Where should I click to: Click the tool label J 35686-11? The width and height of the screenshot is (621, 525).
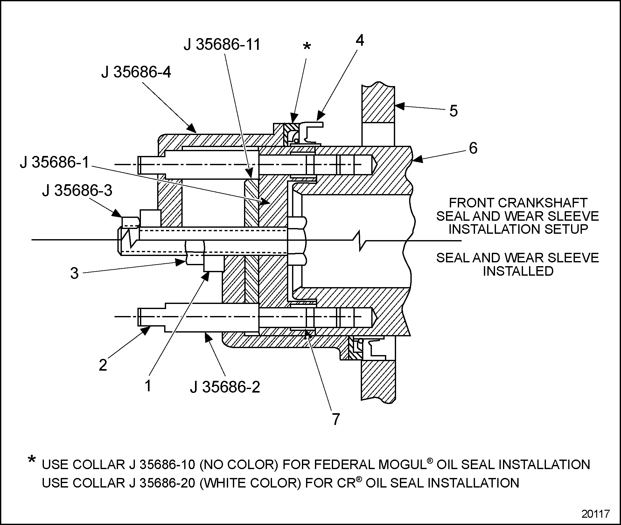pyautogui.click(x=222, y=44)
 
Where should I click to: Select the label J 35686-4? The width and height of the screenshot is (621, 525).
pyautogui.click(x=136, y=72)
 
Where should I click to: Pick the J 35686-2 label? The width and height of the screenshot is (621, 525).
pyautogui.click(x=225, y=387)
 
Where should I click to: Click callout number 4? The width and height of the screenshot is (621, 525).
pyautogui.click(x=360, y=40)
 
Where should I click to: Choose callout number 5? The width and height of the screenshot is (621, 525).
pyautogui.click(x=453, y=111)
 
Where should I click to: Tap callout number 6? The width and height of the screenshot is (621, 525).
pyautogui.click(x=473, y=148)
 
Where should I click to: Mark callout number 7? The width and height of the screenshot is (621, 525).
pyautogui.click(x=336, y=419)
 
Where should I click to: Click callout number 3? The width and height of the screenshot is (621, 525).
pyautogui.click(x=74, y=273)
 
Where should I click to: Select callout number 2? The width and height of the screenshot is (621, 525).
pyautogui.click(x=103, y=365)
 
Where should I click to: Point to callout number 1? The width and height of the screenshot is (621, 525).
pyautogui.click(x=148, y=386)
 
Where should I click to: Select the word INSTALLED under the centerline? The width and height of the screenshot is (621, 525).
pyautogui.click(x=518, y=271)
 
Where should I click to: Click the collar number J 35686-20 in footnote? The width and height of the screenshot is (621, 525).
pyautogui.click(x=163, y=483)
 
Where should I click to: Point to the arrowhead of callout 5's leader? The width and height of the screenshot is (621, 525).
pyautogui.click(x=398, y=106)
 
